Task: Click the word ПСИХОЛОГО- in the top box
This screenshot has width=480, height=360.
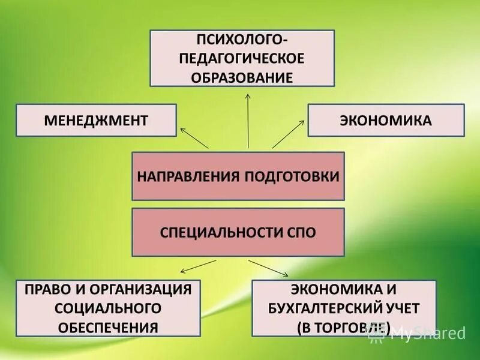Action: click(242, 40)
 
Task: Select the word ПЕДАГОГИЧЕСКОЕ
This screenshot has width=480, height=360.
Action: click(242, 59)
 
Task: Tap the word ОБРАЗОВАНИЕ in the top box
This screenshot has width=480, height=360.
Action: click(242, 77)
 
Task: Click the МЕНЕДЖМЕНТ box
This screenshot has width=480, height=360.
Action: click(96, 120)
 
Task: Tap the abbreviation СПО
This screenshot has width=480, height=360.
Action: click(302, 232)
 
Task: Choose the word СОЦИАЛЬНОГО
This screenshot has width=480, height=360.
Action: click(108, 308)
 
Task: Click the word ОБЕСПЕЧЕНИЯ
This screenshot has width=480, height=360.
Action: click(108, 328)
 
